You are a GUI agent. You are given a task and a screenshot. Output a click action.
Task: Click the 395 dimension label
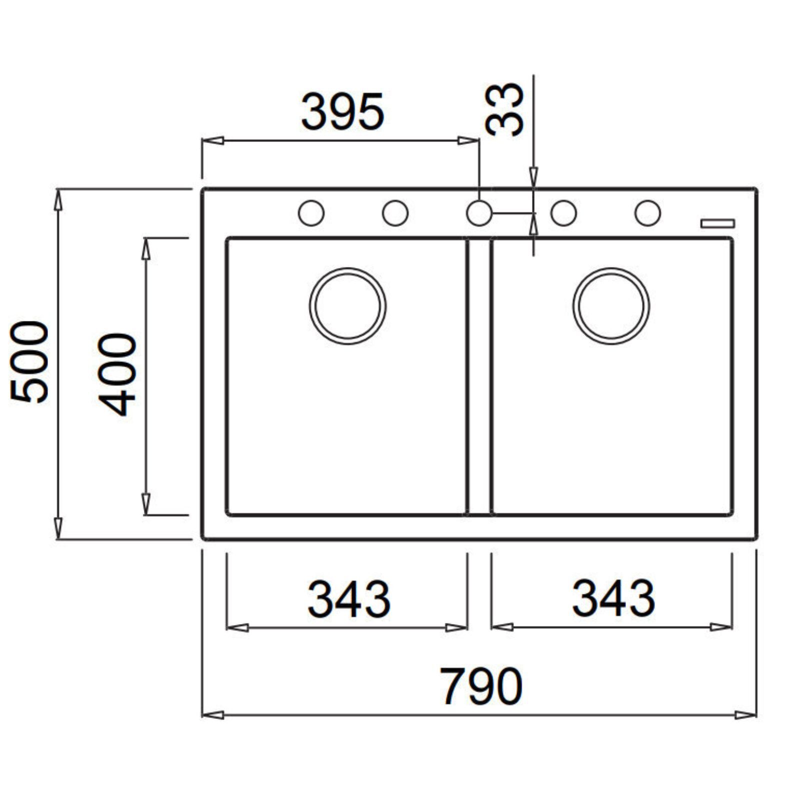[342, 111]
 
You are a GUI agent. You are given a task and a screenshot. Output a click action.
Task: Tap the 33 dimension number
[505, 109]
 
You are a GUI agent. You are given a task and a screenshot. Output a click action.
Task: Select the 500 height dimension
[29, 362]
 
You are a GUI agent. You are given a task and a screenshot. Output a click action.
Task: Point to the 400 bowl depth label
[117, 374]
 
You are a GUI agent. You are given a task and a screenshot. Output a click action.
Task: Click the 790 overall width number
[480, 686]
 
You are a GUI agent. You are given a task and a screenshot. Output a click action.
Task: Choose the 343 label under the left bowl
[348, 598]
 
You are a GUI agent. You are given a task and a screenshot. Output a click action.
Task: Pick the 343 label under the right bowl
[613, 598]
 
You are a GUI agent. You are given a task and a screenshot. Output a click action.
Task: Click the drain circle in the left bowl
[347, 306]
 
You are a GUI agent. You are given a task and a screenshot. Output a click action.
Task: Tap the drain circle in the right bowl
[611, 306]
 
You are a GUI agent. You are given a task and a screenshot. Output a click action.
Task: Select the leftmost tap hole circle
[311, 213]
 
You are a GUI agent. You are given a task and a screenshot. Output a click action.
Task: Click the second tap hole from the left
[395, 213]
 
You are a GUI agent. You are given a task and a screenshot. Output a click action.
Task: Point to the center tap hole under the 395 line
[479, 213]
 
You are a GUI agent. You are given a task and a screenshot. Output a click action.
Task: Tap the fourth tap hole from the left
[563, 213]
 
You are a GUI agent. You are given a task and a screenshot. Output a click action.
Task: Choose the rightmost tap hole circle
[647, 213]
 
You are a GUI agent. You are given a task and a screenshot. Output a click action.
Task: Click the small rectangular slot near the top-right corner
[717, 223]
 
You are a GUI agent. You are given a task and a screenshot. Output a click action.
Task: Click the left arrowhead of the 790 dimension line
[213, 715]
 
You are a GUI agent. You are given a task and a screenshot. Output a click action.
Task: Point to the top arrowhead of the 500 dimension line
[58, 200]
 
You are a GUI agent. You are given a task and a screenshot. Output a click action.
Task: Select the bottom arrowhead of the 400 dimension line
[146, 503]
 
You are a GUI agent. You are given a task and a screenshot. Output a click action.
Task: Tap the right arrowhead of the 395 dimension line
[468, 141]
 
